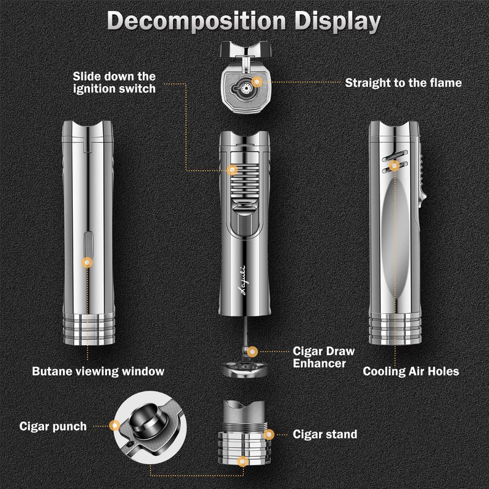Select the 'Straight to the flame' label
(403, 82)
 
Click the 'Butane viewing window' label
(98, 371)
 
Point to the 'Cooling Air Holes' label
(411, 371)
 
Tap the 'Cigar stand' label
(325, 435)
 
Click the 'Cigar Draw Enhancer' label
(325, 358)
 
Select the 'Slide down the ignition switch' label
(114, 83)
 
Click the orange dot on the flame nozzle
(258, 81)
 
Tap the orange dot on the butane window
(87, 262)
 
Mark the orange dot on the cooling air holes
(395, 164)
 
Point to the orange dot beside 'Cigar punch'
(114, 425)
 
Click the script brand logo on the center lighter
(244, 282)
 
